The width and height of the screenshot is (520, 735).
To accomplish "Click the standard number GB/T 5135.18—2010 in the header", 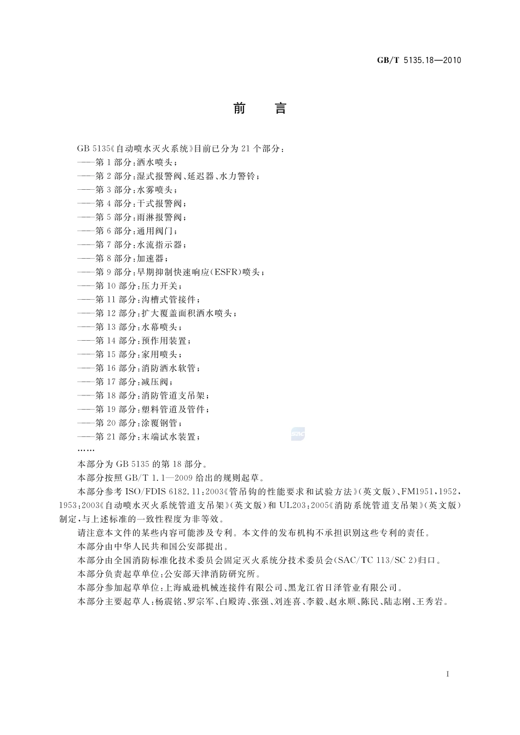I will click(x=419, y=60).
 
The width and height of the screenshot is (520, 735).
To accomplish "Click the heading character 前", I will click(x=239, y=108).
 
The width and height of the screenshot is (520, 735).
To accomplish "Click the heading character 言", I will click(x=280, y=108).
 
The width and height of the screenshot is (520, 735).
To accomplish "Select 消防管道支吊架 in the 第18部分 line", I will click(x=175, y=395).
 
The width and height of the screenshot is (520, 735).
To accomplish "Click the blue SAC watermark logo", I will click(x=298, y=434).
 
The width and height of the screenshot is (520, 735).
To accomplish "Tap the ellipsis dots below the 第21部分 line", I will click(x=86, y=450).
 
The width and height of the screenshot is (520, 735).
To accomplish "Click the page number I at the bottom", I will click(x=448, y=674).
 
